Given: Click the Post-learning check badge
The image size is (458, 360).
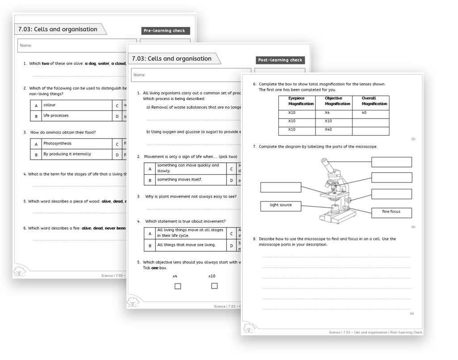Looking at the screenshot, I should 280,60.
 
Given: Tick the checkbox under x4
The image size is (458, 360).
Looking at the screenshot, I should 177,286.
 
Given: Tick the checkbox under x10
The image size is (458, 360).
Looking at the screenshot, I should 214,286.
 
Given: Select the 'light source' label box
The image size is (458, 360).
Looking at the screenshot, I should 281,206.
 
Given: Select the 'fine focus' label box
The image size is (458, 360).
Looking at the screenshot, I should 391,212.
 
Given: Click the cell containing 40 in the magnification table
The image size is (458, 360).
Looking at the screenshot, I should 370,113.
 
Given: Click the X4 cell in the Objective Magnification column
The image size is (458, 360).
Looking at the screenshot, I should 334,113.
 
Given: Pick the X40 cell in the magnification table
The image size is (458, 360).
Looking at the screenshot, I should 334,130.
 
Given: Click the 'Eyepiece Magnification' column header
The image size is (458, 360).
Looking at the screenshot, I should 297,101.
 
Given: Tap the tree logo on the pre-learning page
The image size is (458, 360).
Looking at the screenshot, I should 20,271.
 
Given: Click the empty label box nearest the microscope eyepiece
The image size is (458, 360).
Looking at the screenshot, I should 391,162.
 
